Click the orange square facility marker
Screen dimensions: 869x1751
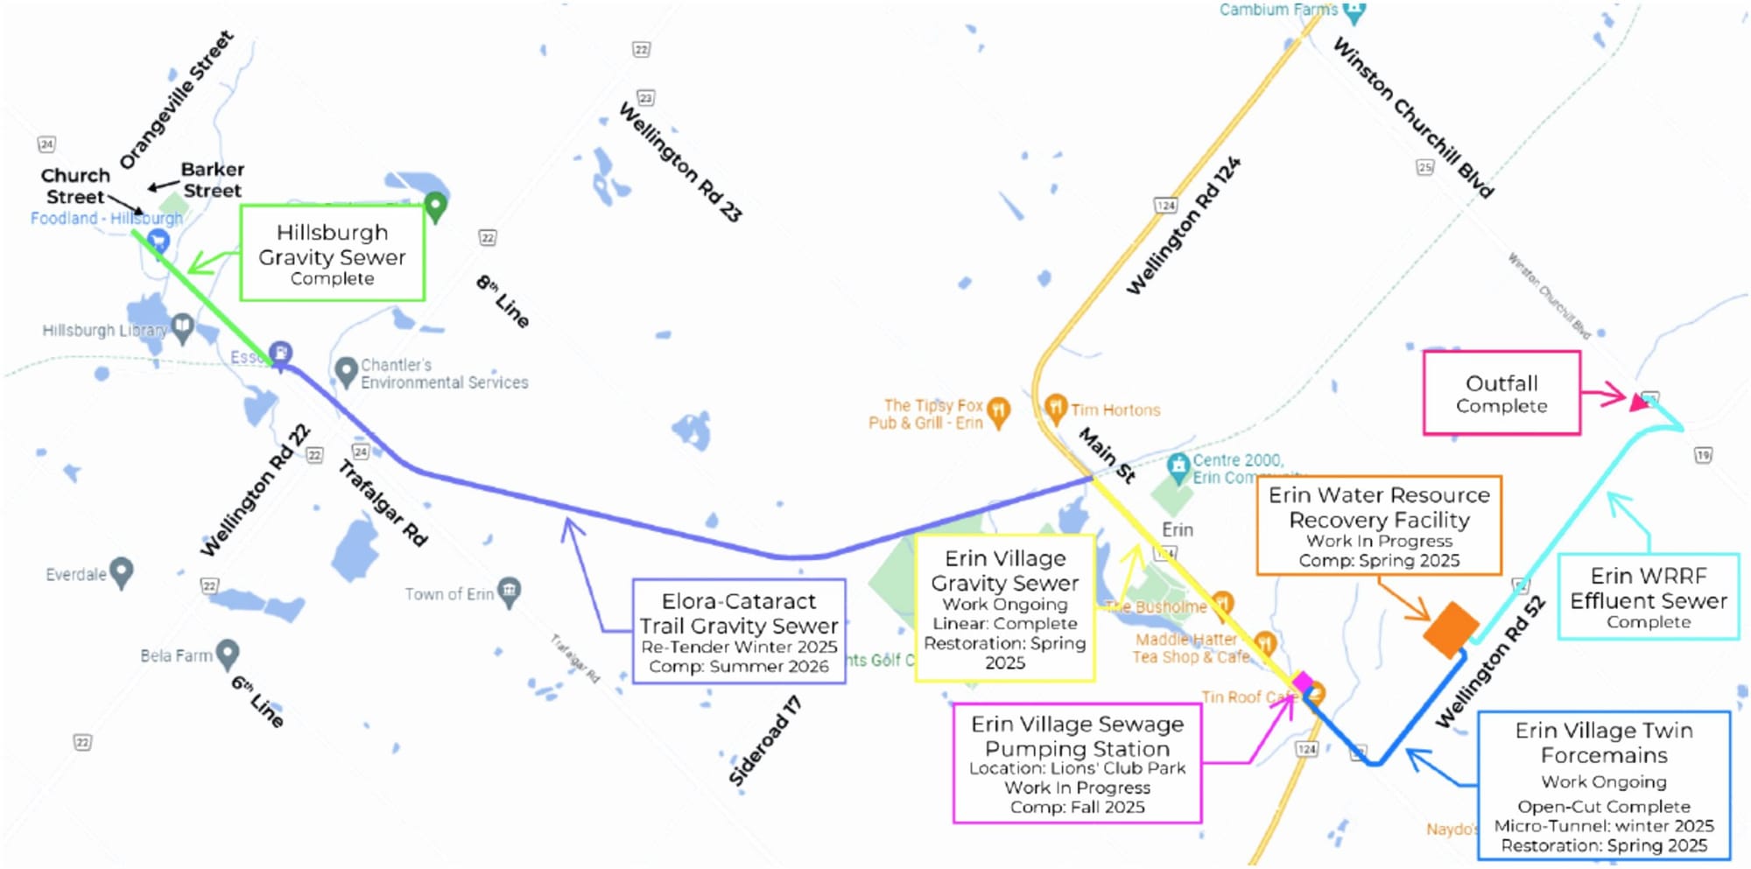pos(1451,628)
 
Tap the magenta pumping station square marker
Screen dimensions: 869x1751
pos(1303,683)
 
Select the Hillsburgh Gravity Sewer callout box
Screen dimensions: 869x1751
pos(333,254)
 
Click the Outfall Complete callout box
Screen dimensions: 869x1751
pos(1501,393)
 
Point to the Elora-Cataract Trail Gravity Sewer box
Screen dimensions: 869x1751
pos(739,631)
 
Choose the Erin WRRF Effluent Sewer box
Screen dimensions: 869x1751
pos(1648,597)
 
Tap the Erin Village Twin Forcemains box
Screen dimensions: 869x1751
pos(1604,785)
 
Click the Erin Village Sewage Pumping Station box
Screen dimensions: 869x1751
pos(1077,763)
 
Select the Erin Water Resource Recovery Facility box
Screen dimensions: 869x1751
pos(1379,525)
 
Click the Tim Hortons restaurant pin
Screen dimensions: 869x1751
pos(1056,408)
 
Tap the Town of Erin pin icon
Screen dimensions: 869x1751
pos(509,592)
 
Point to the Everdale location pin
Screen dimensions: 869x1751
pos(121,572)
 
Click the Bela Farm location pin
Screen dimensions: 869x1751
pos(228,653)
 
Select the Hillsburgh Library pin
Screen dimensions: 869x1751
pos(182,328)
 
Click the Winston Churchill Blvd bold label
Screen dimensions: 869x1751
pos(1412,117)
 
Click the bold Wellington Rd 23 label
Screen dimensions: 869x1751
pos(680,162)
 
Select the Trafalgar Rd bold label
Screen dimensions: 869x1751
pos(383,503)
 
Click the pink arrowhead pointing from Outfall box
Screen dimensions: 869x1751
pos(1637,402)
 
